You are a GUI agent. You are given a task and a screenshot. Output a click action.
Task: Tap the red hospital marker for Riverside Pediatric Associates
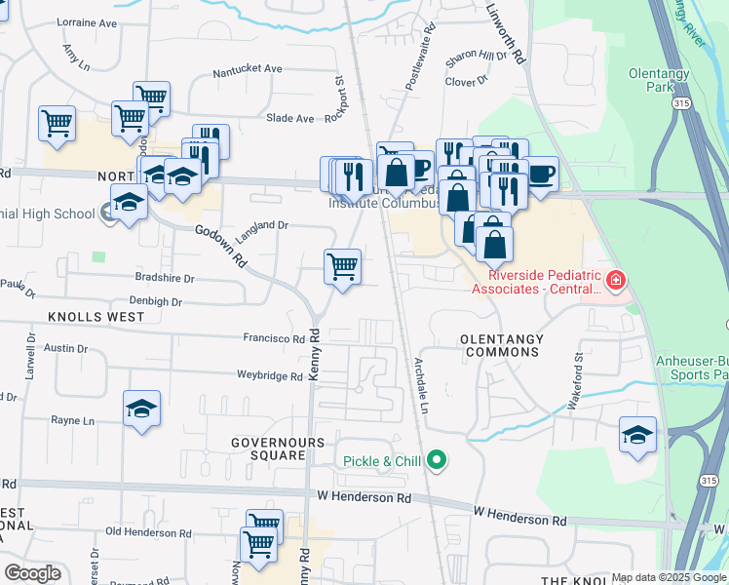(615, 282)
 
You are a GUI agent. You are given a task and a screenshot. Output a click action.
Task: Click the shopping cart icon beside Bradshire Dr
(342, 266)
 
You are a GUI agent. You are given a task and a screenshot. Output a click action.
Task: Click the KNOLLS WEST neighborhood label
(95, 317)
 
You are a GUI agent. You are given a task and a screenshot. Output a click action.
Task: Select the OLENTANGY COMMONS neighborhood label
(500, 339)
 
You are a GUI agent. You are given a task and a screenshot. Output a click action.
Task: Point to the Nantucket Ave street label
(248, 70)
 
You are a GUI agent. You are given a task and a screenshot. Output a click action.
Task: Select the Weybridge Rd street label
(270, 375)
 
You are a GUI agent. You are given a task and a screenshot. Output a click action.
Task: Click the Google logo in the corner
(32, 573)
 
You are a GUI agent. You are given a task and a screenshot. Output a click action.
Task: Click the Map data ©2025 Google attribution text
(669, 577)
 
